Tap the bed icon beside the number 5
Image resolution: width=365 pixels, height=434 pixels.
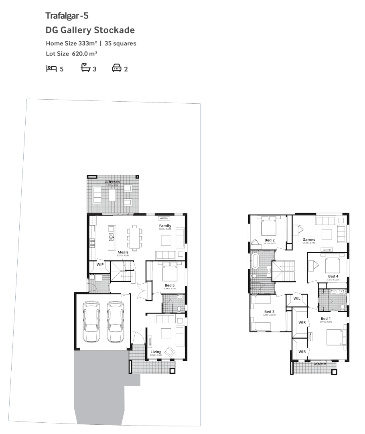click(51, 69)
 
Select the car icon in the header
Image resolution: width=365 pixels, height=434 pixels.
click(116, 69)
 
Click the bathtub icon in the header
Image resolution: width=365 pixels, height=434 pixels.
click(85, 69)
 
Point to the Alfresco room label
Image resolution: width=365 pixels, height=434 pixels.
click(112, 182)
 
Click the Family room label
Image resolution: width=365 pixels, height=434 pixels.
click(165, 226)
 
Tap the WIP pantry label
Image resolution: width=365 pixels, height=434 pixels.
click(100, 264)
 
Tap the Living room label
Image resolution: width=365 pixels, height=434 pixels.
click(156, 352)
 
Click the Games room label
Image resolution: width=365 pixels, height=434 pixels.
click(308, 240)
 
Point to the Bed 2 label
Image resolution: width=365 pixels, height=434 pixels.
click(269, 240)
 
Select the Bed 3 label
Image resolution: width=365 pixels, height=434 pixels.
click(269, 312)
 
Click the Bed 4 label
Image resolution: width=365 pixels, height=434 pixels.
click(333, 276)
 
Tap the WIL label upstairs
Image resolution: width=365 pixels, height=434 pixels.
click(297, 299)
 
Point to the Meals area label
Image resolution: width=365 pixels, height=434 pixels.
click(123, 252)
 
